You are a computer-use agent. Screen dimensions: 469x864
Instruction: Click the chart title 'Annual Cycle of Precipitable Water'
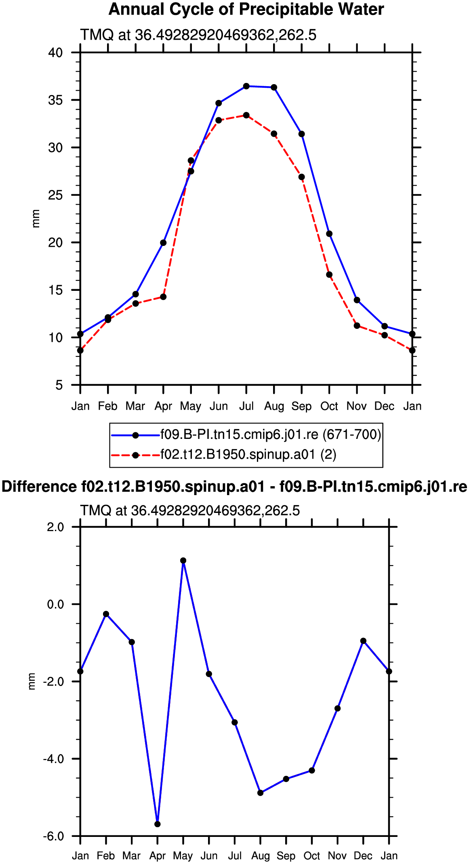click(246, 10)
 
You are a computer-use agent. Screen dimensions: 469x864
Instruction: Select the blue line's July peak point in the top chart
click(246, 86)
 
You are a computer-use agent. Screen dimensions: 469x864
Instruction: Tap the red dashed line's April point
click(163, 297)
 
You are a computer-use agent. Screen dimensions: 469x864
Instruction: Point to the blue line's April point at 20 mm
click(163, 243)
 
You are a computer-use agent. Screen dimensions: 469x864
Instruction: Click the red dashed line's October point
click(329, 275)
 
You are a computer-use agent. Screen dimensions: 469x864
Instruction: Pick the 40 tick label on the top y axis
click(55, 53)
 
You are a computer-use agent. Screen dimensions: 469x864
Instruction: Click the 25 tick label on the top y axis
click(55, 195)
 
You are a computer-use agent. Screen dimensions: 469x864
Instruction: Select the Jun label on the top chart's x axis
click(219, 406)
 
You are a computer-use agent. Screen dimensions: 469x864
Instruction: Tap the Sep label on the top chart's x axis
click(301, 407)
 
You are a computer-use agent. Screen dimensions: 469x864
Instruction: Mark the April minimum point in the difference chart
click(158, 824)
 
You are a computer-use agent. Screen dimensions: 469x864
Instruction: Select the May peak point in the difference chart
click(183, 561)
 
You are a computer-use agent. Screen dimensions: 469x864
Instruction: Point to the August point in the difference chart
click(261, 793)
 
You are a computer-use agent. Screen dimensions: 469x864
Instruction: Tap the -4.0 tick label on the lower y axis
click(53, 759)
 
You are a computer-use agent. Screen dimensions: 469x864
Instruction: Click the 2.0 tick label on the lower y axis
click(55, 527)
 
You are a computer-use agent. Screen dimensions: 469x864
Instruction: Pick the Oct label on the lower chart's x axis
click(312, 856)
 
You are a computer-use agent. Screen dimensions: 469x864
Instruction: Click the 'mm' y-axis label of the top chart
click(36, 219)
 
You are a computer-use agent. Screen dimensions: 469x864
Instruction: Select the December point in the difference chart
click(364, 641)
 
